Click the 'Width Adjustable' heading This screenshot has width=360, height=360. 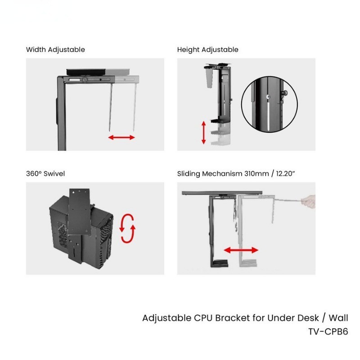coord(55,49)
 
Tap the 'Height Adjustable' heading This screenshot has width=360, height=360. coord(207,49)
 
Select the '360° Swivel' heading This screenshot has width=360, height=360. coord(45,174)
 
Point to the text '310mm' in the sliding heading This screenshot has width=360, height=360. coord(256,174)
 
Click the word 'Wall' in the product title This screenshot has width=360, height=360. coord(338,318)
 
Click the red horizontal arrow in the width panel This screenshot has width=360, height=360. coord(121,137)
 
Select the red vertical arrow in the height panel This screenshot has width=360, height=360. coord(203,132)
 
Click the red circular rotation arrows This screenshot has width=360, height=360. coord(127,229)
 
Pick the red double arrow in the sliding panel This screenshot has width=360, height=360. coord(241,250)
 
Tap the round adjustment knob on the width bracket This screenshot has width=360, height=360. coord(85,80)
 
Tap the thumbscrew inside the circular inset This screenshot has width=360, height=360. coord(283,93)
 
